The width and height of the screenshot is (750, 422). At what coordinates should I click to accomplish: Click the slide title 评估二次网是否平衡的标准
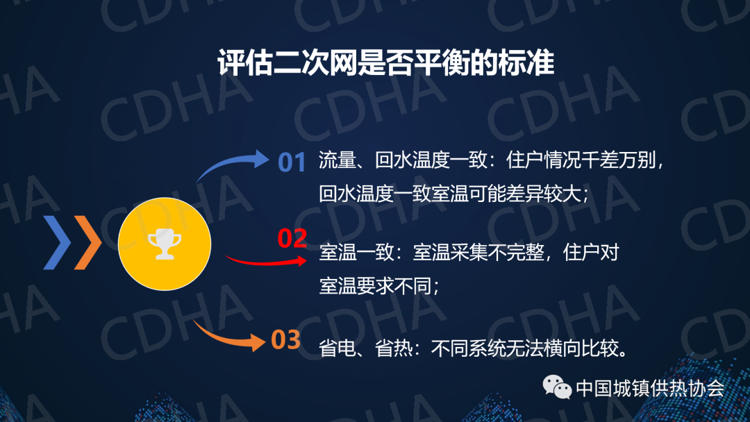(x=385, y=62)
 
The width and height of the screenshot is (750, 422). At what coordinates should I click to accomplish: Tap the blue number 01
(x=292, y=162)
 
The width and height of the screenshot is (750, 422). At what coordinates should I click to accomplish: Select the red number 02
(x=292, y=238)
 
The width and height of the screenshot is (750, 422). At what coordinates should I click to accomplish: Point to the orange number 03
(x=285, y=340)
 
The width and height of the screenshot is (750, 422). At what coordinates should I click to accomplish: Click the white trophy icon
(x=165, y=244)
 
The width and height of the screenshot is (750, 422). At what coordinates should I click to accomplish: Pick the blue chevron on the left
(x=57, y=242)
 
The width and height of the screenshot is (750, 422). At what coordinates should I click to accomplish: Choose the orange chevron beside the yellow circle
(x=88, y=242)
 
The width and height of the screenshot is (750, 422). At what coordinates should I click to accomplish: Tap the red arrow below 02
(x=266, y=262)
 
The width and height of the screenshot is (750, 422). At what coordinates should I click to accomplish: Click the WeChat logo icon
(x=557, y=387)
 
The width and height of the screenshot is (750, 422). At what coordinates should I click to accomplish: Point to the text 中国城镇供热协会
(x=650, y=388)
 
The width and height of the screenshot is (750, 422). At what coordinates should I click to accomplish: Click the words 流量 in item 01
(x=337, y=160)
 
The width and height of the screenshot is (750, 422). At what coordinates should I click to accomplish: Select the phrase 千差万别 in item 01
(x=619, y=160)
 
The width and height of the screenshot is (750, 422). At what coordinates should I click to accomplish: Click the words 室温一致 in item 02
(x=356, y=252)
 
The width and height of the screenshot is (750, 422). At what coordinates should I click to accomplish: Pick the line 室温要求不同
(x=375, y=286)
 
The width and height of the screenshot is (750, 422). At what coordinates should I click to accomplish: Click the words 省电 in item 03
(x=337, y=348)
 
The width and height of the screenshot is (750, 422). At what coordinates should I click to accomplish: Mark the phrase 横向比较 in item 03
(x=581, y=348)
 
